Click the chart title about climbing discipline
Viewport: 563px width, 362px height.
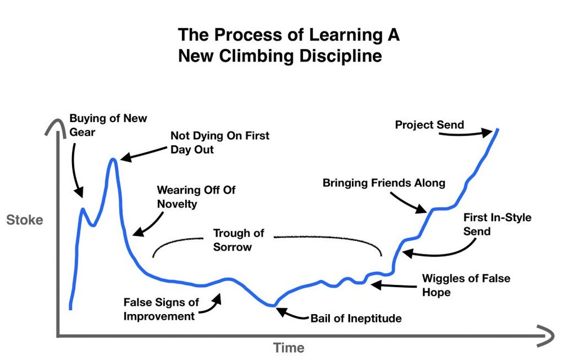tap(289, 46)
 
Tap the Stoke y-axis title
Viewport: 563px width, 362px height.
tap(25, 220)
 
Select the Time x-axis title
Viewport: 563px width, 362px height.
tap(288, 347)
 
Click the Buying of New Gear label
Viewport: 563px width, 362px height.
tap(108, 125)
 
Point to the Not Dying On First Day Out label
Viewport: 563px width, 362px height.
tap(220, 143)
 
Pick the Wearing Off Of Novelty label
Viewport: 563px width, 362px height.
tap(195, 196)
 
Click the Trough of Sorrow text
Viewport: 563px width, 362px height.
tap(238, 239)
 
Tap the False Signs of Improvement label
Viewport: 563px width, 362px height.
tap(159, 309)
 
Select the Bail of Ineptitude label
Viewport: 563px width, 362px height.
tap(356, 319)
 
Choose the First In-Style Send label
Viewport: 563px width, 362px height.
tap(497, 224)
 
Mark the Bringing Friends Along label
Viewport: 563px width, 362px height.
tap(383, 183)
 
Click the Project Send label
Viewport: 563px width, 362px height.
tap(429, 124)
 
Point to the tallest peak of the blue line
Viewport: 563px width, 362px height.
tap(113, 159)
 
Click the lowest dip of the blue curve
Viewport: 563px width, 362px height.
tap(274, 305)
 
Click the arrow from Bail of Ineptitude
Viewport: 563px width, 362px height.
tap(292, 314)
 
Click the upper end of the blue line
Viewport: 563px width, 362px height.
tap(498, 129)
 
